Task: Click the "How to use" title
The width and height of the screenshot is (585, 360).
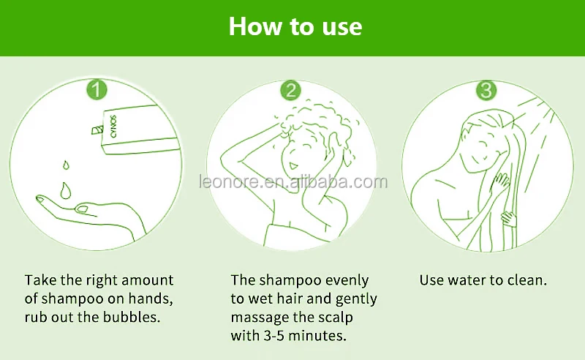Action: coord(295,26)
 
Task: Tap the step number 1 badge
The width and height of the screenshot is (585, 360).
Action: coord(97,90)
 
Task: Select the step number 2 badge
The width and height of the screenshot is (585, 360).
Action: coord(290,90)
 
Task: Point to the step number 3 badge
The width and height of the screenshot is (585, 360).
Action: coord(486,90)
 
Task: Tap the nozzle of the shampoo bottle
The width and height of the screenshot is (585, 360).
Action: coord(97,130)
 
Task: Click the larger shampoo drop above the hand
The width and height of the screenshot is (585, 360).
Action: coord(66,190)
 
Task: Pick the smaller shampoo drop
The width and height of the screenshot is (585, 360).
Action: coord(66,165)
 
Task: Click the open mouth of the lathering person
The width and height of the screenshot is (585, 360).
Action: coord(293,165)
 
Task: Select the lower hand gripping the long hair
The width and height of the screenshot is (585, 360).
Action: coord(508,218)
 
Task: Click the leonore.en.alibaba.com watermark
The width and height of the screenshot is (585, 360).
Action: coord(293,182)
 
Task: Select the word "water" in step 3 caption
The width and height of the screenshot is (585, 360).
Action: coord(467,280)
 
